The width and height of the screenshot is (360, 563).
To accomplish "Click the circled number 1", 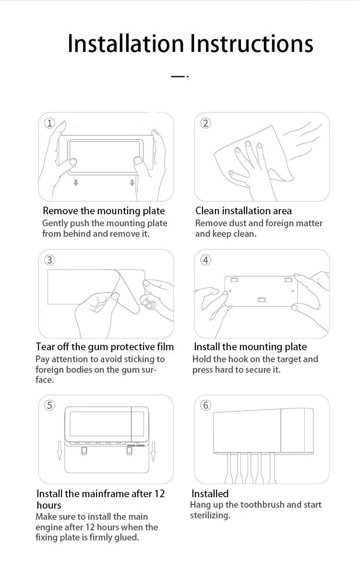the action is pyautogui.click(x=49, y=123).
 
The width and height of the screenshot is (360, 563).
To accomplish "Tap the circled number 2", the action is pyautogui.click(x=205, y=123).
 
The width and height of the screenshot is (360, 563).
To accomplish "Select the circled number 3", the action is pyautogui.click(x=49, y=260).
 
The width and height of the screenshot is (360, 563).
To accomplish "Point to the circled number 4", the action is pyautogui.click(x=205, y=260).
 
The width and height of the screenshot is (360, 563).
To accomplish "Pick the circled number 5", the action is pyautogui.click(x=49, y=405).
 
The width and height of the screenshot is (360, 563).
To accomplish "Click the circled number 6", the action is pyautogui.click(x=205, y=405).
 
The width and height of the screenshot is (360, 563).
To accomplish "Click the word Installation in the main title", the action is pyautogui.click(x=126, y=43).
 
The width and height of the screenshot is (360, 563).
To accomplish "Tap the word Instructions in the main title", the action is pyautogui.click(x=252, y=43).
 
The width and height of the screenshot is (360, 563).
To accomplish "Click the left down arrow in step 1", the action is pyautogui.click(x=76, y=183).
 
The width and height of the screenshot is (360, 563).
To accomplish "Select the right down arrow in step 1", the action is pyautogui.click(x=132, y=183).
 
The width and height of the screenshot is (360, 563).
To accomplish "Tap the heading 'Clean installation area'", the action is pyautogui.click(x=243, y=211).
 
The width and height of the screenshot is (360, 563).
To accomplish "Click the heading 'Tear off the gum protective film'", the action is pyautogui.click(x=105, y=347).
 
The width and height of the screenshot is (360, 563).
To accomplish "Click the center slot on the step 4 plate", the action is pyautogui.click(x=262, y=299).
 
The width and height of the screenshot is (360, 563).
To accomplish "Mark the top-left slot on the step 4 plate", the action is pyautogui.click(x=234, y=280).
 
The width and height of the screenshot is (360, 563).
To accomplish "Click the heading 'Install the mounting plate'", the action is pyautogui.click(x=251, y=347).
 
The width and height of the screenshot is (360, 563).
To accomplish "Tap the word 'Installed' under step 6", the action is pyautogui.click(x=210, y=494).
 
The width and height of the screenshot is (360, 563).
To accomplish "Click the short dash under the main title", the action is pyautogui.click(x=180, y=76).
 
